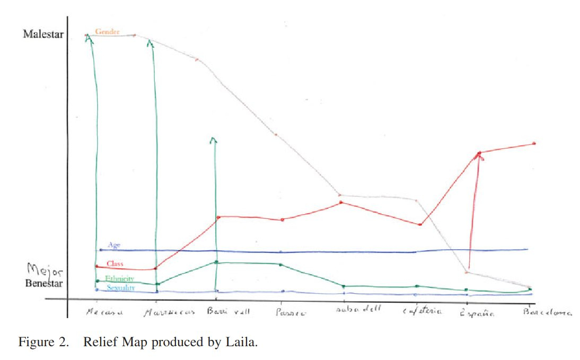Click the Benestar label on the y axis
pyautogui.click(x=45, y=284)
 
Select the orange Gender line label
pyautogui.click(x=108, y=32)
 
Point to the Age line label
pyautogui.click(x=114, y=245)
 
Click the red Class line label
pyautogui.click(x=115, y=264)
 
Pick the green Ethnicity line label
pyautogui.click(x=119, y=279)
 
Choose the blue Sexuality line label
pyautogui.click(x=120, y=288)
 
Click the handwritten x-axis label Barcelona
pyautogui.click(x=547, y=313)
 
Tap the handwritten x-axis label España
pyautogui.click(x=478, y=313)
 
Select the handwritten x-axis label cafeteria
pyautogui.click(x=422, y=312)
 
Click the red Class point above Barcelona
pyautogui.click(x=534, y=143)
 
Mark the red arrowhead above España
pyautogui.click(x=479, y=154)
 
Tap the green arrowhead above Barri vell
pyautogui.click(x=213, y=140)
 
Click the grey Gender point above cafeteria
pyautogui.click(x=416, y=200)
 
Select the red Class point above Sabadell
pyautogui.click(x=341, y=203)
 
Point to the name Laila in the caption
pyautogui.click(x=242, y=342)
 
